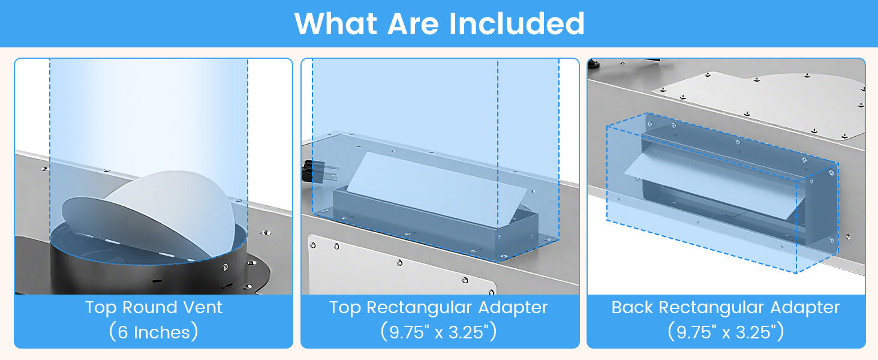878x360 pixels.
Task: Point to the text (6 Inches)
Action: (154, 332)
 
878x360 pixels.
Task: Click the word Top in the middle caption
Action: (345, 307)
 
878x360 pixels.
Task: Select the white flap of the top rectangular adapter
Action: (437, 189)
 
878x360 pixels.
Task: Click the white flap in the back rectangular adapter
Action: (714, 184)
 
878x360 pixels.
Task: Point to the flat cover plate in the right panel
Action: (758, 103)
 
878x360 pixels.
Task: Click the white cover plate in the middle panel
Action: (401, 266)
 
